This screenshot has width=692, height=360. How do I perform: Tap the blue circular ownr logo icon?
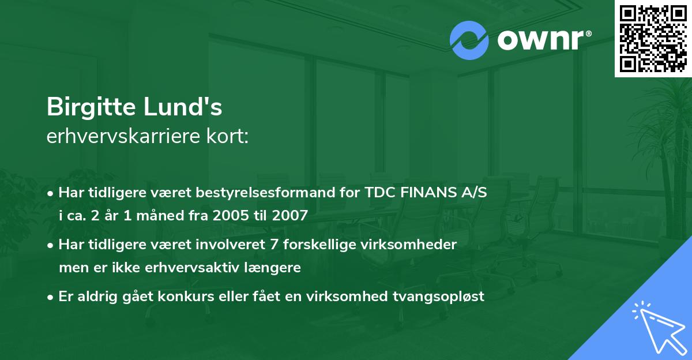pos(469,40)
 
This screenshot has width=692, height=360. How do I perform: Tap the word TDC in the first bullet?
pos(379,193)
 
